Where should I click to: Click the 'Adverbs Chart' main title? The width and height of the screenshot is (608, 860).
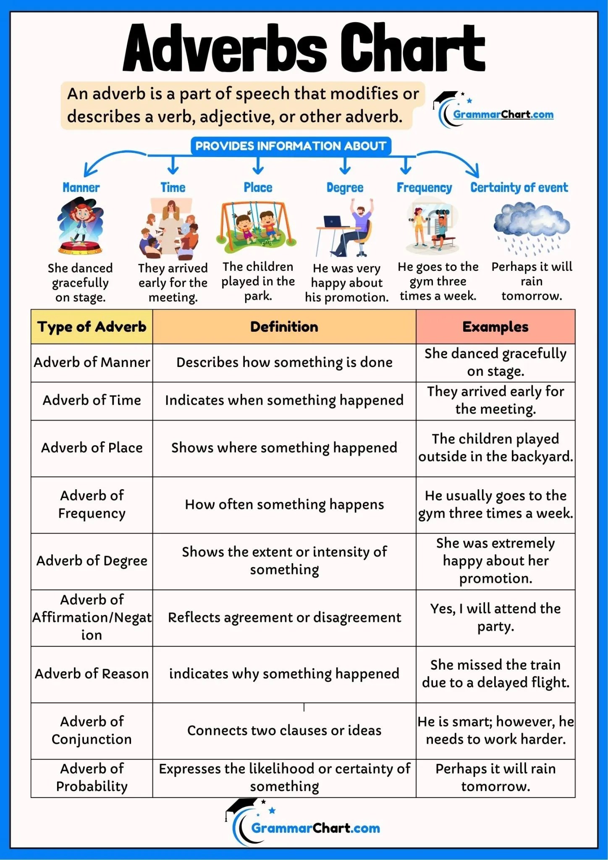tap(304, 47)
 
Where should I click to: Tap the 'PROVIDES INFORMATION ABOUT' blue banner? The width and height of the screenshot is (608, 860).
tap(291, 146)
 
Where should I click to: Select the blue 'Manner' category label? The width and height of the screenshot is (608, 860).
tap(81, 187)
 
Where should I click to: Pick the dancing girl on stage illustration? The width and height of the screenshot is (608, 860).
tap(80, 226)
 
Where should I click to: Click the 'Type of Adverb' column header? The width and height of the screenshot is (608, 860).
tap(92, 327)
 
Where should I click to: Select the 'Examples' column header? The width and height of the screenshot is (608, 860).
tap(495, 327)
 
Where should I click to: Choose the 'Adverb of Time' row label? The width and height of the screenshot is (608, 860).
tap(92, 400)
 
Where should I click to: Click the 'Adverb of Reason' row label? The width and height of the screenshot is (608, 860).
tap(92, 674)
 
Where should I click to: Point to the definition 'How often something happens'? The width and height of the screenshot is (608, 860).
tap(284, 504)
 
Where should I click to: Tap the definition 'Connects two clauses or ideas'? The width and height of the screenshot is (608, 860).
tap(284, 730)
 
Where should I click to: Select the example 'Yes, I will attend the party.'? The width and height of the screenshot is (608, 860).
tap(495, 617)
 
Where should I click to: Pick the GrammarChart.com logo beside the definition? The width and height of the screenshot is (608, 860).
tap(493, 110)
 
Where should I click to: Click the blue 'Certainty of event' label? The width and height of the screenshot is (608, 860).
tap(519, 187)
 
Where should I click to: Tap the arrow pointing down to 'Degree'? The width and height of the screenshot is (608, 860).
tap(345, 165)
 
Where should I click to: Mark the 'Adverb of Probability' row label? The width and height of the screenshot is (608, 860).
tap(92, 777)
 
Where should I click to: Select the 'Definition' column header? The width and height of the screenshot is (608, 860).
tap(284, 327)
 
